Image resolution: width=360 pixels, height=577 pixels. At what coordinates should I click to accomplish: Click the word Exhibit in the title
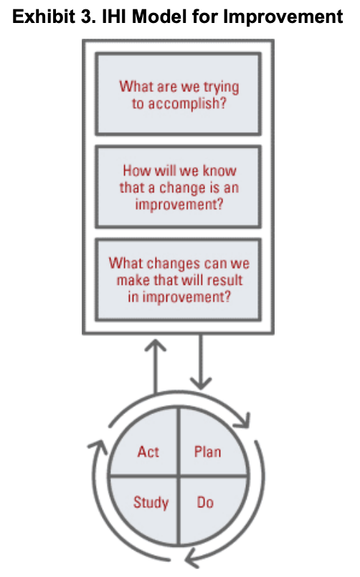[44, 17]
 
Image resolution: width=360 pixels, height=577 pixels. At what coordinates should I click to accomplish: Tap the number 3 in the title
[87, 17]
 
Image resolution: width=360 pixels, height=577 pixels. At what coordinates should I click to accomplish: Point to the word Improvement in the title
[283, 17]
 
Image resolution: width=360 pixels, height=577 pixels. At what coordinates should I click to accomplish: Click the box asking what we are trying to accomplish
[179, 94]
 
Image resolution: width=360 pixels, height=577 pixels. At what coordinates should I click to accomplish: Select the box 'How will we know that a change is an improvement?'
[179, 187]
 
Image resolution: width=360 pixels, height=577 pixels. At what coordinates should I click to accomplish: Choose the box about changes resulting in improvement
[179, 280]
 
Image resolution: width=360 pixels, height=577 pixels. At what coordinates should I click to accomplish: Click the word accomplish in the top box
[186, 104]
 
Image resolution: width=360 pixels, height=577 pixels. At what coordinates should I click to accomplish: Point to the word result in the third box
[224, 280]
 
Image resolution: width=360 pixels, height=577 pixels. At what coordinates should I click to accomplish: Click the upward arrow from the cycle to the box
[156, 366]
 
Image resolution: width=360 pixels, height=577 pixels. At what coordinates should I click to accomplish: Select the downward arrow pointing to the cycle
[201, 362]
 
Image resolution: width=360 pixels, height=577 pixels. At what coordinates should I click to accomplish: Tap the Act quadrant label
[148, 451]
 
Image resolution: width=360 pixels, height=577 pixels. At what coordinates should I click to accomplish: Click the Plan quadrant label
[208, 451]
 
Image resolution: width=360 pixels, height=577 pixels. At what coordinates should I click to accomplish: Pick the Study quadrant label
[151, 502]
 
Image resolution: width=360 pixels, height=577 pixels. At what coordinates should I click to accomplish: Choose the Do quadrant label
[205, 502]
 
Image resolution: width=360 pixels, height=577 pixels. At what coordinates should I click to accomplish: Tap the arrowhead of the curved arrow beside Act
[98, 446]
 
